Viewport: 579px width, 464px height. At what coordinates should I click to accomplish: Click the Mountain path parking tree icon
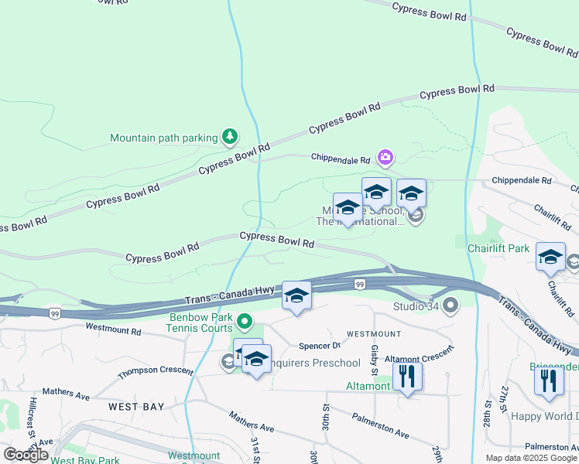tap(229, 138)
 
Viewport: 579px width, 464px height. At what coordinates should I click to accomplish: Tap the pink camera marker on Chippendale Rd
tap(385, 159)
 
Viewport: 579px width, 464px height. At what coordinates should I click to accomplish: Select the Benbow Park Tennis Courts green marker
tap(245, 320)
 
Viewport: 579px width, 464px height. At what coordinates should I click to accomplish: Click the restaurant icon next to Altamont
tap(407, 377)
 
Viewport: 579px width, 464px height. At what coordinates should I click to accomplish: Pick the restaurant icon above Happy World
tap(549, 380)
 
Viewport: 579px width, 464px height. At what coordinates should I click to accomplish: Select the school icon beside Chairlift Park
tap(550, 258)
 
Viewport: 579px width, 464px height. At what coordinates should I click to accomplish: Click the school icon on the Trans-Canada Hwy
tap(296, 296)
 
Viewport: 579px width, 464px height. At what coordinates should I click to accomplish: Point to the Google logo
tap(25, 454)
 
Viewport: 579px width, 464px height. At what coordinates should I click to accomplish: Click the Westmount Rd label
tap(113, 330)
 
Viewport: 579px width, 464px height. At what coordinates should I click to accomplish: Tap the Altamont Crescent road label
tap(419, 357)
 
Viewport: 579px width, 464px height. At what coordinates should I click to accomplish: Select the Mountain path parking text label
tap(163, 138)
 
